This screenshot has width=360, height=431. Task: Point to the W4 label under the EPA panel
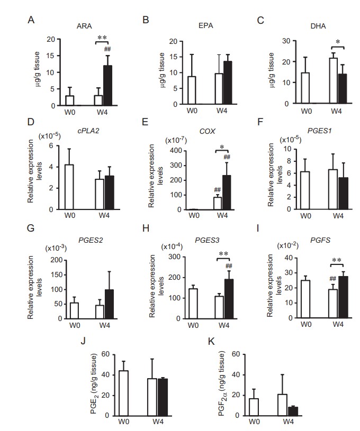[219, 112]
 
